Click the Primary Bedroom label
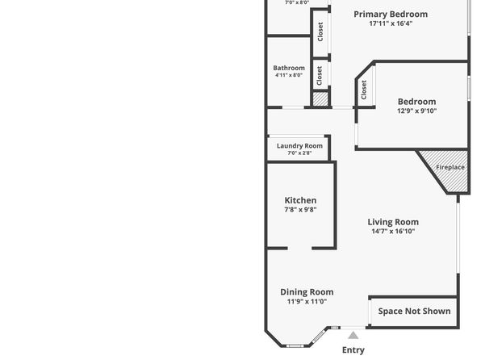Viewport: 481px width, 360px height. (x=391, y=14)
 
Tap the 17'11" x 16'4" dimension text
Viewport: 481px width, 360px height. (x=391, y=23)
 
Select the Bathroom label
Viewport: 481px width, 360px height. (x=289, y=68)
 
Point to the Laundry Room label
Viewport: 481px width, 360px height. (x=299, y=146)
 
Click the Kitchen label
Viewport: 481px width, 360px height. (x=300, y=200)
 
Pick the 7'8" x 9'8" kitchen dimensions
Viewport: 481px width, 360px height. (x=300, y=210)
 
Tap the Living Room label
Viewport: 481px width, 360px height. (x=393, y=222)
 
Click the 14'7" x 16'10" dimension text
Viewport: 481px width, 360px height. (x=393, y=231)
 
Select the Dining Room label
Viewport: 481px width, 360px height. (x=307, y=292)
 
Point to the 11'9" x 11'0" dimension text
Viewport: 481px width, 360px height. (x=307, y=301)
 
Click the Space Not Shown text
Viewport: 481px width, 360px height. (x=414, y=312)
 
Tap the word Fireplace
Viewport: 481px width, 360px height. (x=450, y=167)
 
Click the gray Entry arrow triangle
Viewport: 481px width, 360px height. (x=353, y=336)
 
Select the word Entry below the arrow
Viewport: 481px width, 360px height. (x=353, y=350)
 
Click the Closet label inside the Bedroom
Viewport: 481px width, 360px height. (x=364, y=90)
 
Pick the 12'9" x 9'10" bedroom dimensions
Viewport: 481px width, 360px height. (x=416, y=111)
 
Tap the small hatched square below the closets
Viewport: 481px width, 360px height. (x=320, y=99)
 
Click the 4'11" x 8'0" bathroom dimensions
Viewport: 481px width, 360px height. (x=289, y=75)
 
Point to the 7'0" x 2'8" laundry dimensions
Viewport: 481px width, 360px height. (x=299, y=153)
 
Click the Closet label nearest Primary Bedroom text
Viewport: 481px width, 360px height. (x=320, y=31)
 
